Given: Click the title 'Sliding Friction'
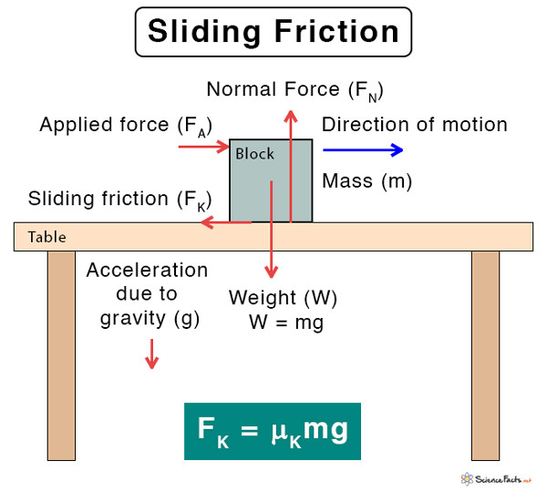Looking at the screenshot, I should [273, 33].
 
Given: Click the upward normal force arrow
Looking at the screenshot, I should [290, 164].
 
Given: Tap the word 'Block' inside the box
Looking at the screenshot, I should [254, 154].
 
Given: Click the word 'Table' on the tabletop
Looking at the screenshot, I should [46, 237].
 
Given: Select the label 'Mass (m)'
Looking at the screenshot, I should [367, 180].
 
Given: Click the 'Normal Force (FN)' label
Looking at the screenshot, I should [294, 89].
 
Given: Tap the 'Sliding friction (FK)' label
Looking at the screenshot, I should [119, 200].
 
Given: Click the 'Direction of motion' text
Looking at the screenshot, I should [415, 124].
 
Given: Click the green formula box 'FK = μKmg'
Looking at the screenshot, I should [273, 430].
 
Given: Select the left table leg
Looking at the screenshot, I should [61, 355].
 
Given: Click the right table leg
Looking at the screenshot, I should [485, 355].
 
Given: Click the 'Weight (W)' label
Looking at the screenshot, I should [275, 298].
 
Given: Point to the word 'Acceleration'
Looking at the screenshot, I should [147, 271].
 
